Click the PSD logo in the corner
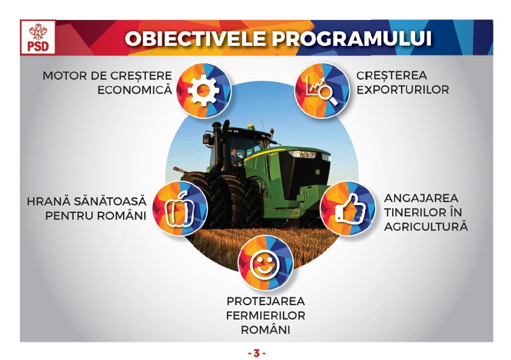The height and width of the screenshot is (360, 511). tap(38, 37)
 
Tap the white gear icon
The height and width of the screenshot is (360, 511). tap(204, 90)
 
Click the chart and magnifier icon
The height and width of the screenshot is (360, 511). tap(322, 90)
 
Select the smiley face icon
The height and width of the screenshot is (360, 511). tap(265, 264)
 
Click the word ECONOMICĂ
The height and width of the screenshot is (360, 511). tap(135, 90)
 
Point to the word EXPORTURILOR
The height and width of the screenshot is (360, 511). tap(402, 90)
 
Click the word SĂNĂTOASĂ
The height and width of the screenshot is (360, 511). tap(110, 201)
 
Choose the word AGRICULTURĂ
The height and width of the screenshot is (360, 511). tap(426, 226)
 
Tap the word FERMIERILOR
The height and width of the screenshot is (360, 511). tap(265, 315)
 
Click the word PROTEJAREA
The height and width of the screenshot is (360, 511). tap(266, 302)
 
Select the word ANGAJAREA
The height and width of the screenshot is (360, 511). tap(421, 198)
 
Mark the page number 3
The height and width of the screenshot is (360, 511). tap(257, 353)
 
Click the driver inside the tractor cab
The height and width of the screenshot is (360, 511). tap(235, 157)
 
